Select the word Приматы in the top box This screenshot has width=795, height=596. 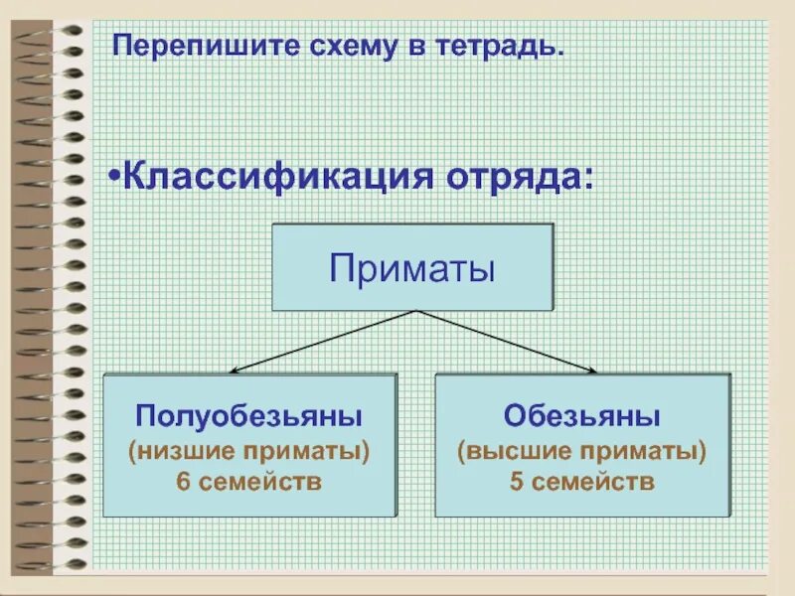tap(412, 268)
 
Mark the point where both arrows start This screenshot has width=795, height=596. tap(413, 311)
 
